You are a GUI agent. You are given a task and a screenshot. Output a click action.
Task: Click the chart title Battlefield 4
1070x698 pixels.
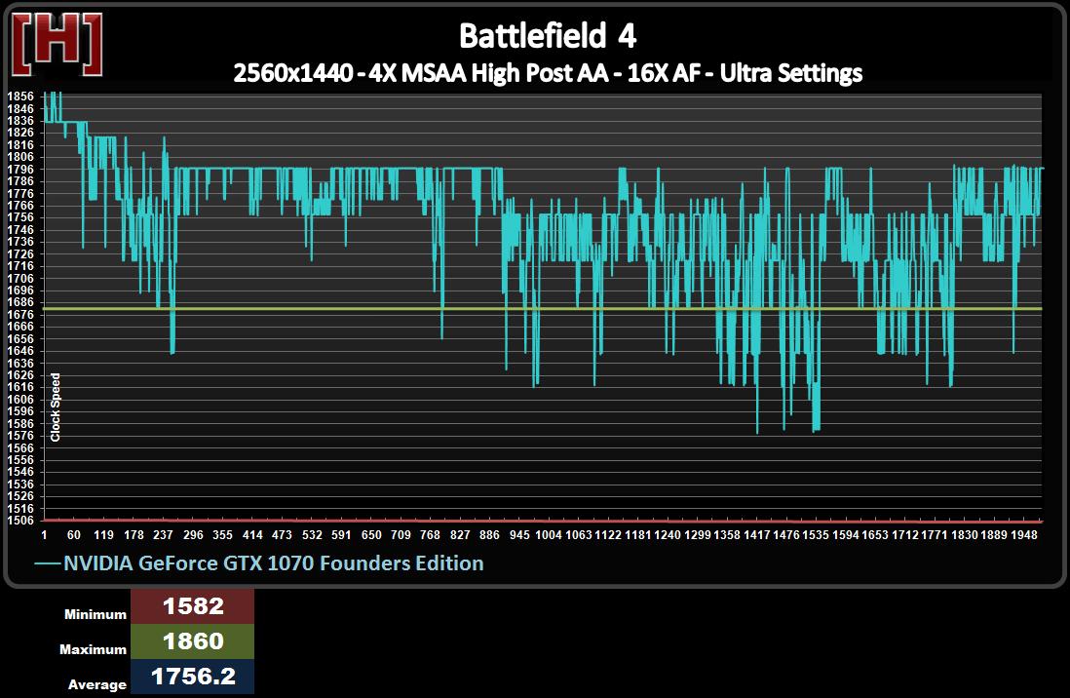[x=548, y=36]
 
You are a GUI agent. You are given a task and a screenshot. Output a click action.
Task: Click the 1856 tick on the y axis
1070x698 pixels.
[x=19, y=97]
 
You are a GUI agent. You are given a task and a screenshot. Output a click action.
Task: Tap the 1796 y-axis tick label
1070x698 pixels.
[x=19, y=169]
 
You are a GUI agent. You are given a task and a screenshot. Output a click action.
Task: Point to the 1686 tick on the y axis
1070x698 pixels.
[x=19, y=302]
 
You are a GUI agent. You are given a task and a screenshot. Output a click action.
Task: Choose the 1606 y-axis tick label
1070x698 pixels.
[x=19, y=399]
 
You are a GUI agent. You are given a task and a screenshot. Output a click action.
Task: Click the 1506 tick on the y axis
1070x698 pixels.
[x=19, y=521]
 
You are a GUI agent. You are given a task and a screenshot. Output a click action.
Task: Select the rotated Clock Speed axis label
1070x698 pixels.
[x=56, y=407]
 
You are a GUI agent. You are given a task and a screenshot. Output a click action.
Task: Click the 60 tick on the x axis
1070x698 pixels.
[x=74, y=535]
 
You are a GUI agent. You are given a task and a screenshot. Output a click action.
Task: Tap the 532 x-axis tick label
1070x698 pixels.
[x=312, y=535]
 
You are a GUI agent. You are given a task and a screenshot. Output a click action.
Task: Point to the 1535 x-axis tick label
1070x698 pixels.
[x=816, y=535]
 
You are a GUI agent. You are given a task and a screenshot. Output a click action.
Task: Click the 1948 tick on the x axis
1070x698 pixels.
[x=1023, y=535]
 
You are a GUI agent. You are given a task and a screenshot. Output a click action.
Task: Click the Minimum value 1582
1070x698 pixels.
[x=193, y=606]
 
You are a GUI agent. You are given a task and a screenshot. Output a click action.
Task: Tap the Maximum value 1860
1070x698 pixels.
[x=193, y=641]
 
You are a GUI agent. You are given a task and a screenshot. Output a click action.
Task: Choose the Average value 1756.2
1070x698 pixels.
[x=193, y=677]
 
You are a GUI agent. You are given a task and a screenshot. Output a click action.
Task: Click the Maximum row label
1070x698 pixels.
[x=94, y=649]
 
